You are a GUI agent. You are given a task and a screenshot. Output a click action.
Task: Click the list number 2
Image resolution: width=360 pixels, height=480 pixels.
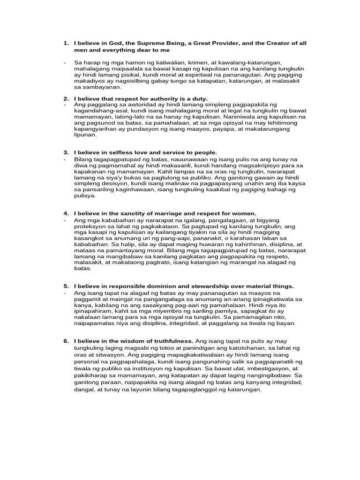(x=66, y=98)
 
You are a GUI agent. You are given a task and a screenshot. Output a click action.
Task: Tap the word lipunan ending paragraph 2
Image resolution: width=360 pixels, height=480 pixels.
(x=85, y=135)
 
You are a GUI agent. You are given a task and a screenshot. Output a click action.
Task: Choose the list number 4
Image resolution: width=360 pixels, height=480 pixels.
(x=66, y=214)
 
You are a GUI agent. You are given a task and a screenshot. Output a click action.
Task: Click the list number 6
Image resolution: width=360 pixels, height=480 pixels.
(x=66, y=341)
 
